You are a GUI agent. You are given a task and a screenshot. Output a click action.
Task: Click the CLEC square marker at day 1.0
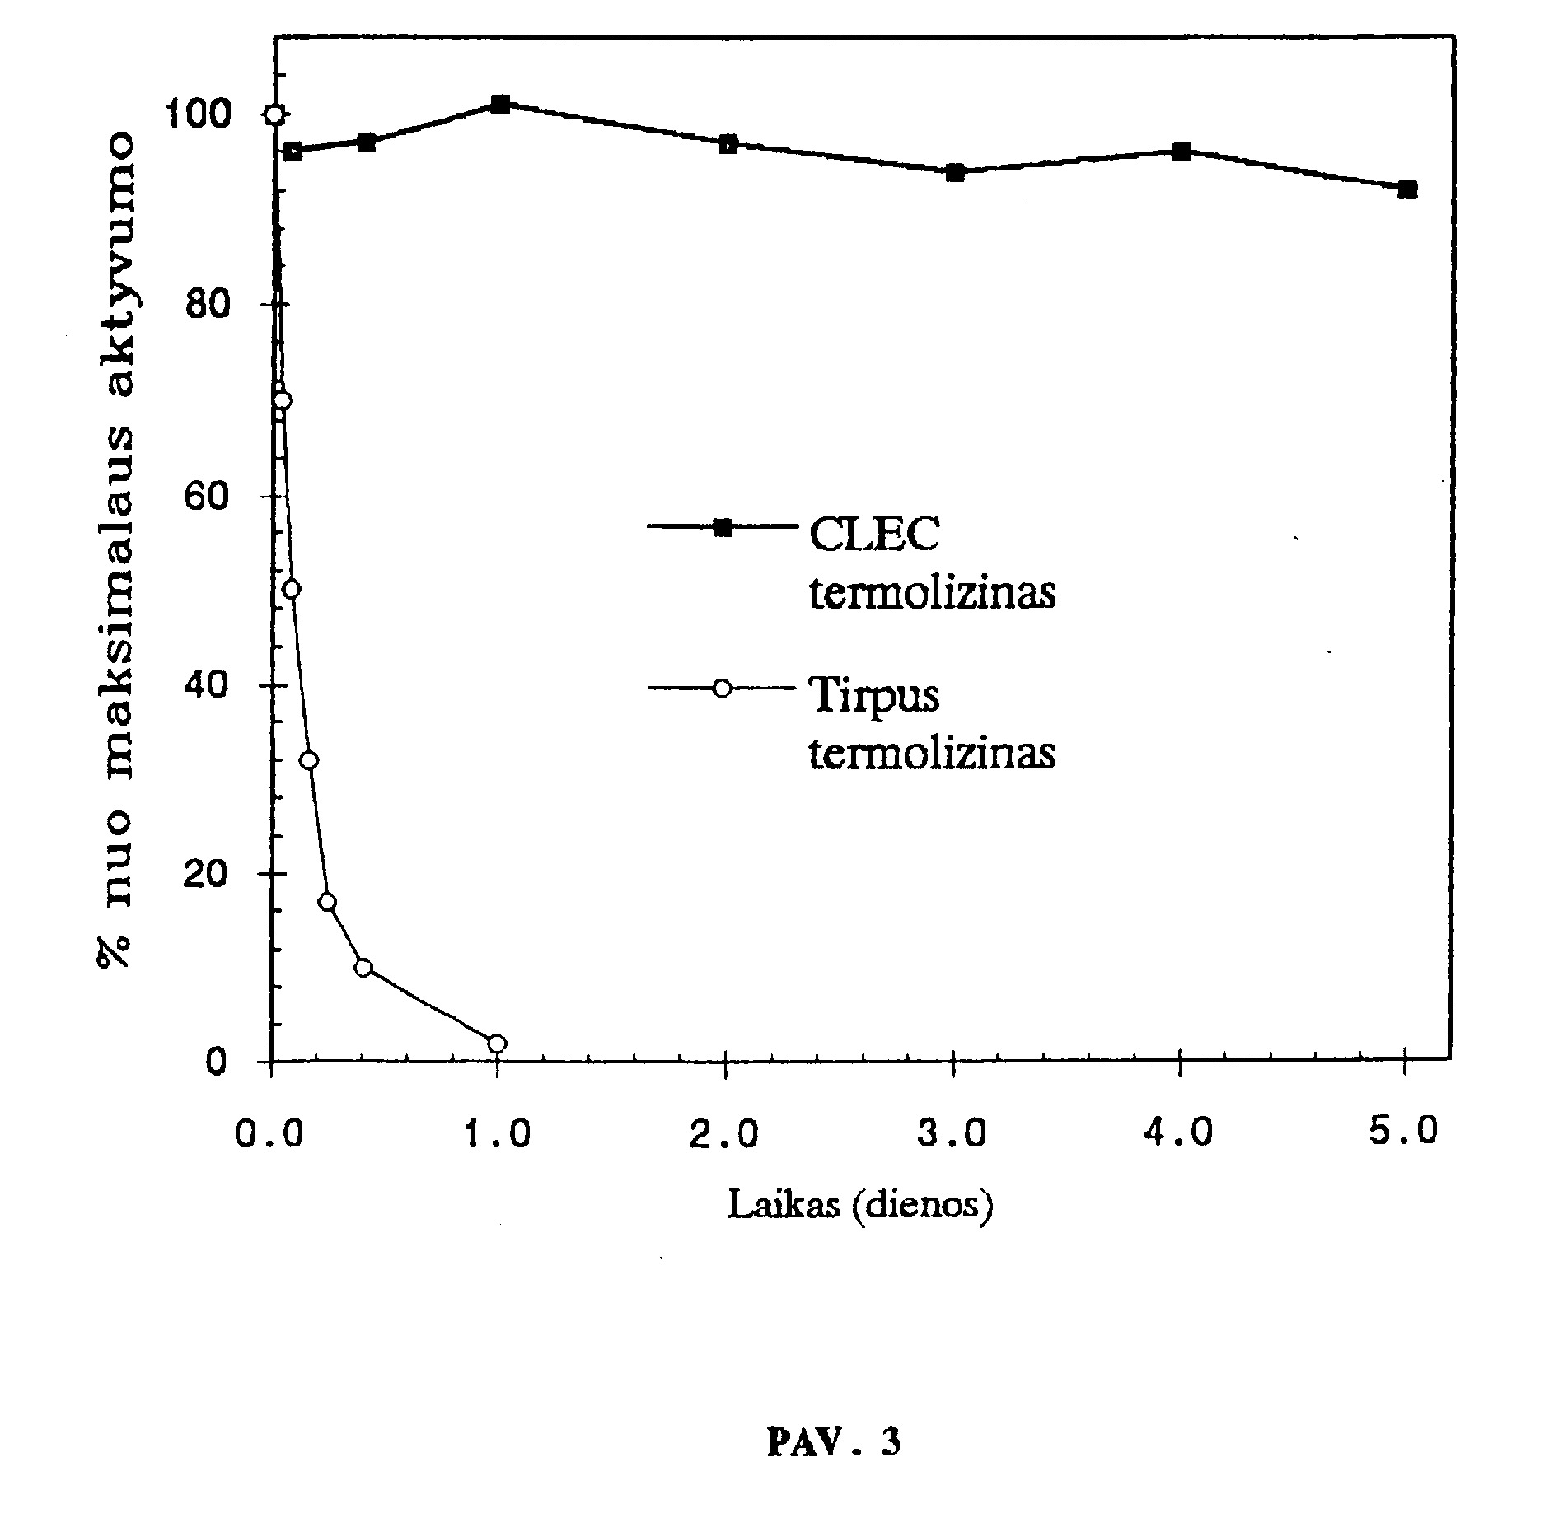(x=499, y=104)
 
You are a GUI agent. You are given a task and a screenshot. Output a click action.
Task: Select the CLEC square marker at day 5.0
(x=1407, y=189)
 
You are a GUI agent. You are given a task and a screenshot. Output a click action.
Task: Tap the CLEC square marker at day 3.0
(x=955, y=172)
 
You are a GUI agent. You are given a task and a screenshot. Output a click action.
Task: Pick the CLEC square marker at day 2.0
(x=728, y=144)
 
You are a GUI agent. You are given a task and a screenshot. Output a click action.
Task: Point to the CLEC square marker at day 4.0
(x=1182, y=152)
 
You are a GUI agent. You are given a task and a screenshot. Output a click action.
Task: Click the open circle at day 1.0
(x=497, y=1044)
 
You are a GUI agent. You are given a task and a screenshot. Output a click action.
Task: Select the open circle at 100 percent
(x=275, y=114)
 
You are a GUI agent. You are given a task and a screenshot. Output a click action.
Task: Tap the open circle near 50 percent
(x=291, y=589)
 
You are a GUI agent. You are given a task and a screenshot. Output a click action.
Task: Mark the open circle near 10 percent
(x=363, y=967)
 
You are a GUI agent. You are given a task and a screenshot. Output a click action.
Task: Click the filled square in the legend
(x=722, y=527)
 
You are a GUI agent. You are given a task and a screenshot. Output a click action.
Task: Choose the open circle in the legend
(x=722, y=687)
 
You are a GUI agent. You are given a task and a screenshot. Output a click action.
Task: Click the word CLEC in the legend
(x=874, y=535)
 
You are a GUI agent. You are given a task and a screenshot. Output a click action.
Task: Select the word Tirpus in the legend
(x=874, y=695)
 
